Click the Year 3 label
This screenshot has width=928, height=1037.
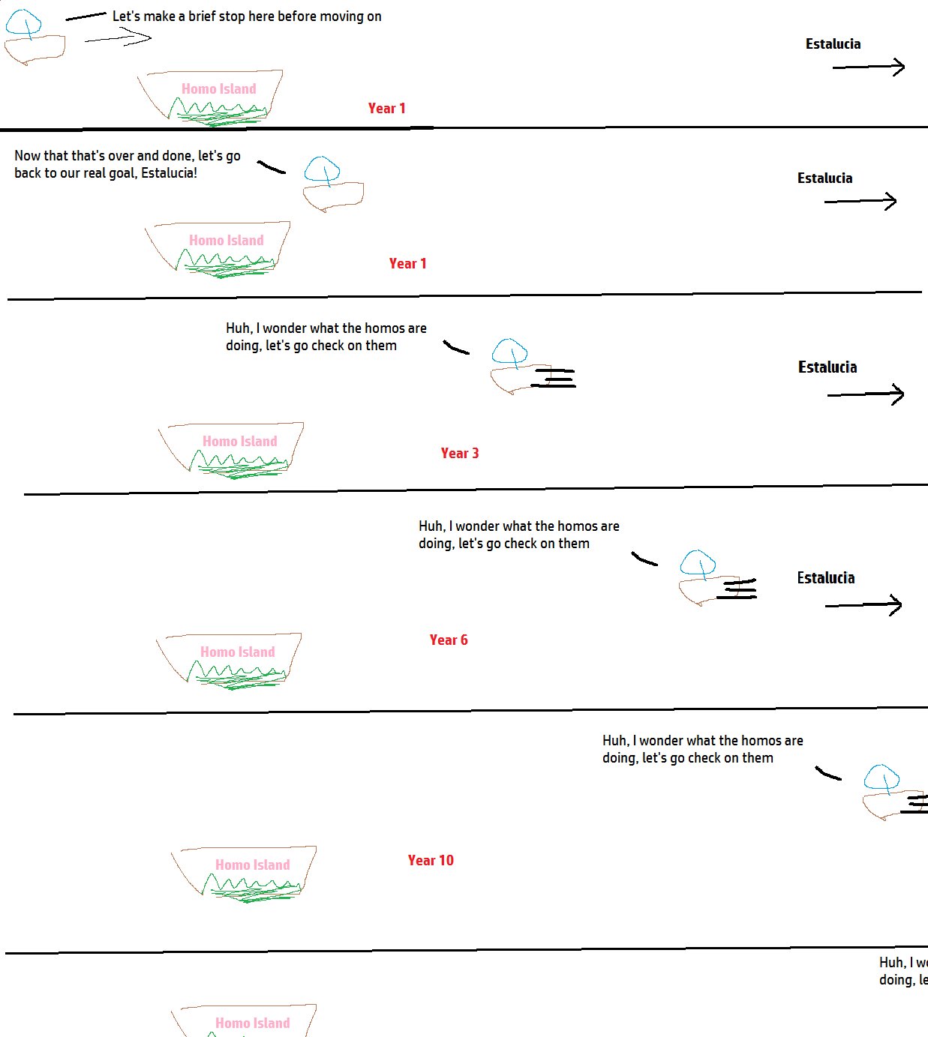pyautogui.click(x=459, y=453)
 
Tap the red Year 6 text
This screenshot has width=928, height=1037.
pyautogui.click(x=448, y=640)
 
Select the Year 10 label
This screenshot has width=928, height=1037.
pyautogui.click(x=431, y=860)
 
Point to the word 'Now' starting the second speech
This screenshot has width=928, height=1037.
pyautogui.click(x=28, y=156)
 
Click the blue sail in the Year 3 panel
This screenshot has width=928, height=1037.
pyautogui.click(x=509, y=351)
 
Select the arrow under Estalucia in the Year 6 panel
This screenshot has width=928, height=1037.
pyautogui.click(x=863, y=605)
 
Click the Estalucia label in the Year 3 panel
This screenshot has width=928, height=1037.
pyautogui.click(x=827, y=367)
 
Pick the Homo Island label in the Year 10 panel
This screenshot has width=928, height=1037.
pyautogui.click(x=252, y=865)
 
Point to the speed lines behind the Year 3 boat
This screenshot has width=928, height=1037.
pyautogui.click(x=555, y=377)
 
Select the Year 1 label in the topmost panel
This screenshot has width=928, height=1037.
pyautogui.click(x=386, y=108)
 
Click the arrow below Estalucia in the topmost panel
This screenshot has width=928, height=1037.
pyautogui.click(x=868, y=67)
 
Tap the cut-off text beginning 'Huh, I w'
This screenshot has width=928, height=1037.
pyautogui.click(x=902, y=971)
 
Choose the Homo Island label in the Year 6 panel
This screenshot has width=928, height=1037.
pyautogui.click(x=237, y=652)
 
